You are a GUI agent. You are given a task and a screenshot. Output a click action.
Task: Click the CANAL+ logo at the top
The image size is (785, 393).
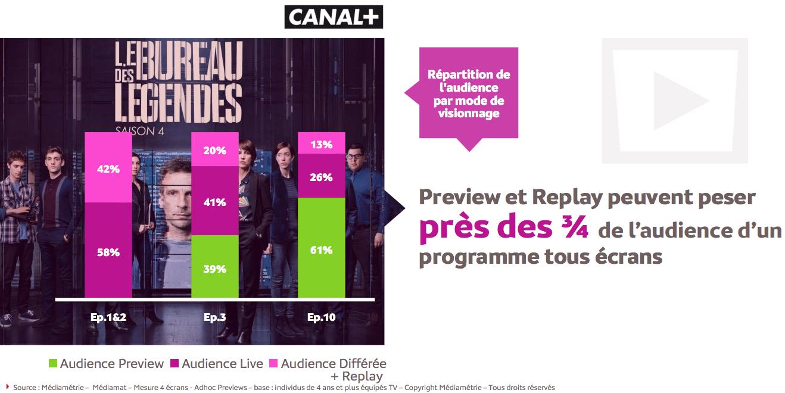334,17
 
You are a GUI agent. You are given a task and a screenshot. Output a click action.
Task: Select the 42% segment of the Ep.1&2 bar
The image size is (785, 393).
108,168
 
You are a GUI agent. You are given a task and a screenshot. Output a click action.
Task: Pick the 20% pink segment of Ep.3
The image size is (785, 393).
214,150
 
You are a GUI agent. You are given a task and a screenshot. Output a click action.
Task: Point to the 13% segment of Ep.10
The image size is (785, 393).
322,144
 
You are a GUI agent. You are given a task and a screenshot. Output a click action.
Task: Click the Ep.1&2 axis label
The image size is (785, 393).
108,317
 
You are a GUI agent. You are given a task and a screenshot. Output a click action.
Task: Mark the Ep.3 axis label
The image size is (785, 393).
214,317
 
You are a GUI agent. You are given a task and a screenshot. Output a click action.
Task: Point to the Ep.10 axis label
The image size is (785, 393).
322,317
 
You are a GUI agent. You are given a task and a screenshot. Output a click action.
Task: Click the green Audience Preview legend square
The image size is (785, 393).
53,363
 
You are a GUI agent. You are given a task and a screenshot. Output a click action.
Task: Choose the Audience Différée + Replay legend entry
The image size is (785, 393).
333,369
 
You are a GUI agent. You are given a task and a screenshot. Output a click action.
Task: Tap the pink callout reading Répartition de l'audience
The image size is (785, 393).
469,93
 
